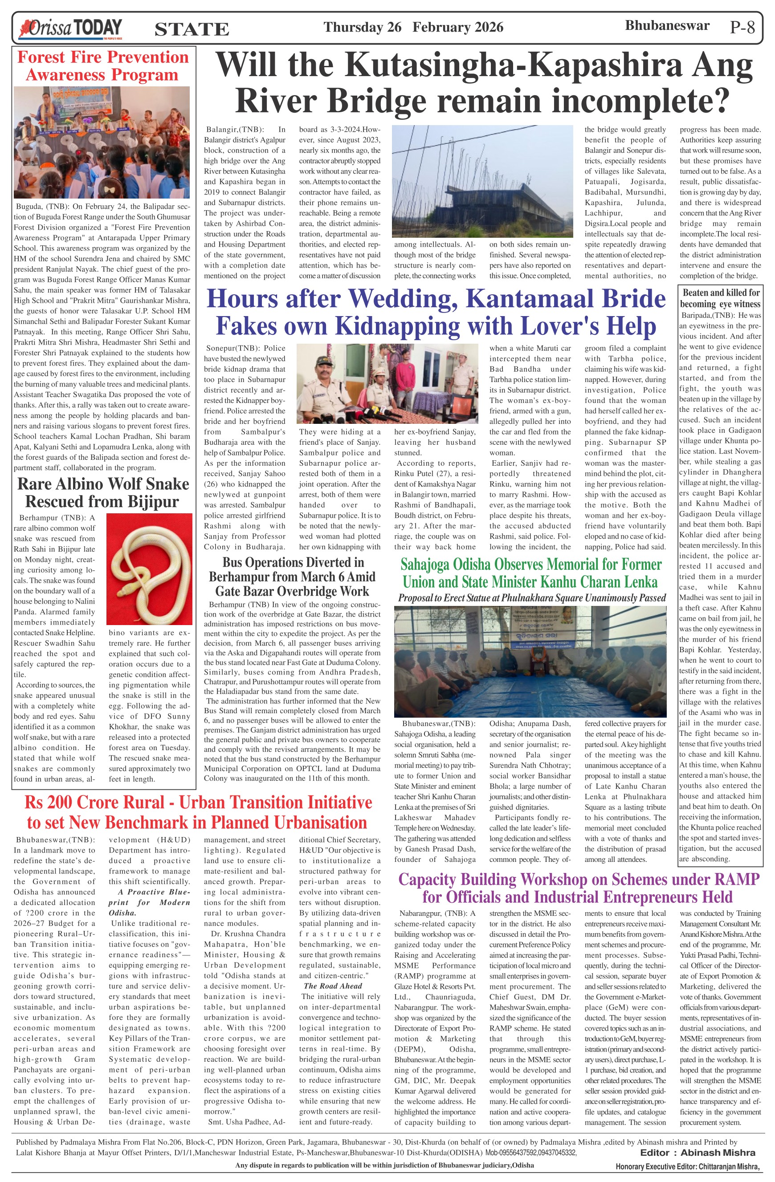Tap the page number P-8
(742, 27)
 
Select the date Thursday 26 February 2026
(413, 27)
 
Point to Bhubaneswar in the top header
(667, 26)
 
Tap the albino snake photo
(150, 568)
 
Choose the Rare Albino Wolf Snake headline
(103, 492)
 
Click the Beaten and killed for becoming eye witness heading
(720, 298)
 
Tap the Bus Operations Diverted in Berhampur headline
(293, 577)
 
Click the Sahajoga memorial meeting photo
(530, 661)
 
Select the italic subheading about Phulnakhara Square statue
(531, 598)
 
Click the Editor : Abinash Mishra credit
(697, 1153)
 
